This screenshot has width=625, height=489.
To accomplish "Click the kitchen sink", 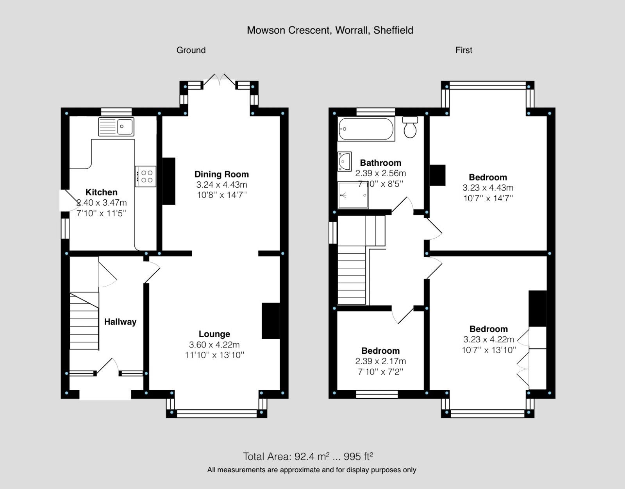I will click(116, 127).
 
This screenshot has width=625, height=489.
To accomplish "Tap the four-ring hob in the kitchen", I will click(146, 176).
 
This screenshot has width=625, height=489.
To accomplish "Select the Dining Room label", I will click(221, 174).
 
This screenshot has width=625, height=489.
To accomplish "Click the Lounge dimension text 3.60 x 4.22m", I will click(214, 345).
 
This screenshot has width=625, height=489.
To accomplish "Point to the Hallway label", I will click(120, 322).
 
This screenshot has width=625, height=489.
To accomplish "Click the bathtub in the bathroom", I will click(366, 129).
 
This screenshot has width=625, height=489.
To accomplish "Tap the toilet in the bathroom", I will click(410, 127).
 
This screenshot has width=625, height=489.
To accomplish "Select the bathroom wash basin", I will click(345, 161).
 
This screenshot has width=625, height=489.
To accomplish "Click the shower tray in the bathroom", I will click(353, 195).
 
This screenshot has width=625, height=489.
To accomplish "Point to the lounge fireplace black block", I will click(271, 321).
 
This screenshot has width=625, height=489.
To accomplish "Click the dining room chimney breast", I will click(168, 181).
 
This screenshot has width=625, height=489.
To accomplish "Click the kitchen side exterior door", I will click(66, 201).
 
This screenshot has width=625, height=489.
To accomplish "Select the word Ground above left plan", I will click(191, 50).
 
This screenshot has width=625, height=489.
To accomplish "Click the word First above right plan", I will click(464, 50).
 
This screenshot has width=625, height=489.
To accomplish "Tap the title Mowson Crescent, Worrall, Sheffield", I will click(330, 30).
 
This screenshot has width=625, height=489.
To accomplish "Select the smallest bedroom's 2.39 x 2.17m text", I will click(380, 361).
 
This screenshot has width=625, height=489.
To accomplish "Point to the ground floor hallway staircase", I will click(84, 321).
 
